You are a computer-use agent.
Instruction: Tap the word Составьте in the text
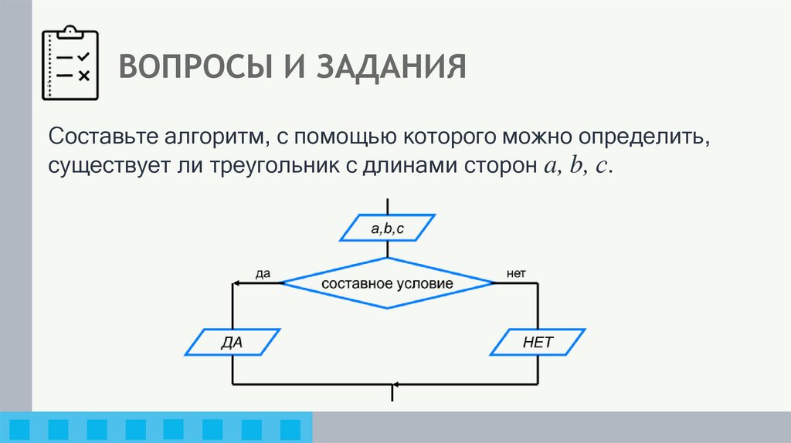click(x=100, y=140)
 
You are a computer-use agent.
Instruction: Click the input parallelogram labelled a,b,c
click(x=387, y=228)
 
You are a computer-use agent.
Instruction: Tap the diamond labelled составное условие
click(x=387, y=283)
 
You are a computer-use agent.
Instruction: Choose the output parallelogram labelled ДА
click(x=233, y=342)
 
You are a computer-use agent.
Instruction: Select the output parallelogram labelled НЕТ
click(x=538, y=342)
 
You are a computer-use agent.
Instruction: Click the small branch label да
click(x=262, y=272)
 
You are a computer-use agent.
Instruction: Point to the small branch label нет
click(x=515, y=272)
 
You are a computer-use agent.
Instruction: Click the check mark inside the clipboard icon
click(x=85, y=57)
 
